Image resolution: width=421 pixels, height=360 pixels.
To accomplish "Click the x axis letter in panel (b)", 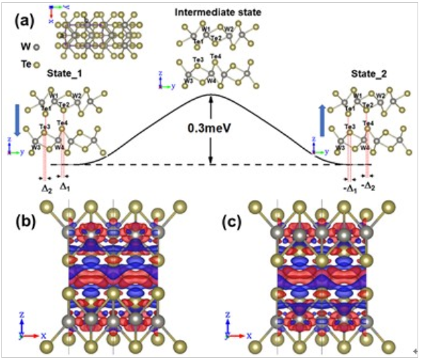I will coord(44,334).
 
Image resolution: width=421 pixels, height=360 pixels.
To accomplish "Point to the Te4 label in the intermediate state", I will coord(215,56).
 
